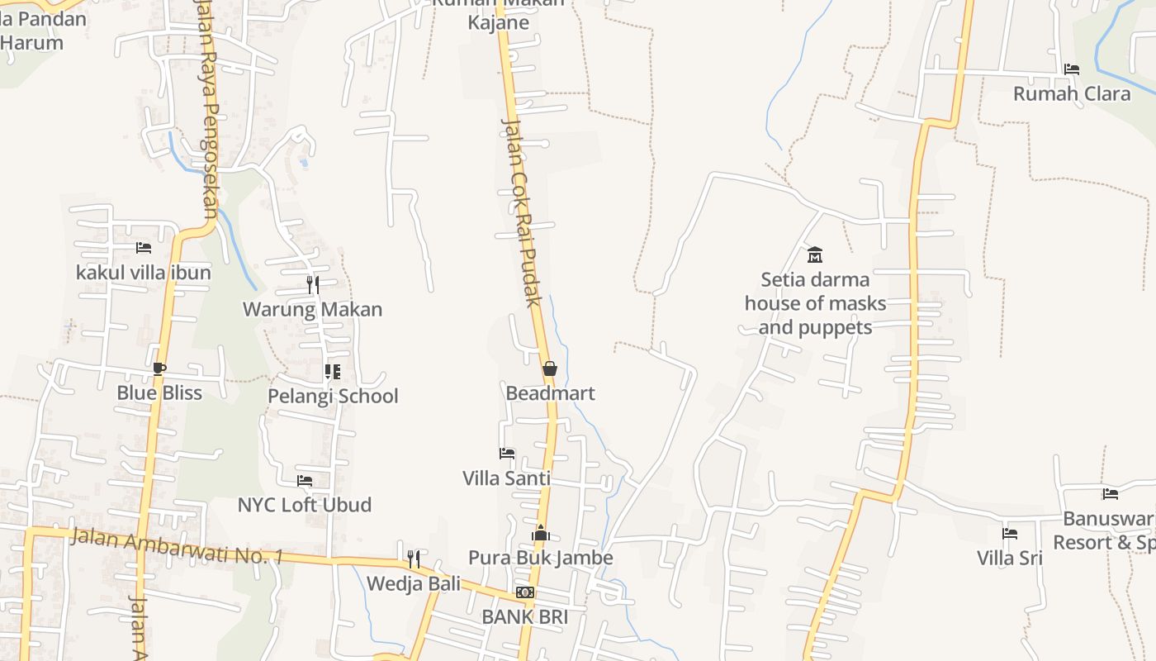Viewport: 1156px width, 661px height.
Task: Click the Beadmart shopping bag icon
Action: click(550, 369)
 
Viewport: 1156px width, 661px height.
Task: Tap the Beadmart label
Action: click(550, 393)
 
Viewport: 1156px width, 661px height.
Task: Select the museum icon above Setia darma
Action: click(815, 254)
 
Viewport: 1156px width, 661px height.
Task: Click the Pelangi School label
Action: click(333, 397)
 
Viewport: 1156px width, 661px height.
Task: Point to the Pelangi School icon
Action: click(332, 372)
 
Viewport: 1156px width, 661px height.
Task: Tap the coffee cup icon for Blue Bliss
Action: click(159, 369)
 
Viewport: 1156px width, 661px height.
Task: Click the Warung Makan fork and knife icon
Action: click(313, 285)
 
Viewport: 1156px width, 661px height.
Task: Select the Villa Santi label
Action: click(506, 478)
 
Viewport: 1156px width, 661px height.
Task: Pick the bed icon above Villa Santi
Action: click(507, 454)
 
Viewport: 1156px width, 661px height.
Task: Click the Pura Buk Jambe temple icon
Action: click(541, 533)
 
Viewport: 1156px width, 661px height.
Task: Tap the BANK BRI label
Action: click(525, 617)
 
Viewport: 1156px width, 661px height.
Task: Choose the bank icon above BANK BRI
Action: click(525, 592)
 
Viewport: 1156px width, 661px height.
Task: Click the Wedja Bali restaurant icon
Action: click(414, 559)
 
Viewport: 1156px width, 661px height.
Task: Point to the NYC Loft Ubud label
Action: click(305, 505)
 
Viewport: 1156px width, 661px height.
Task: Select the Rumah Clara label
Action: click(1072, 94)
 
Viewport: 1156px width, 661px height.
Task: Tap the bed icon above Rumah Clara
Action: click(1072, 69)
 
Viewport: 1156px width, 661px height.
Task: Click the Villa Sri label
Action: click(1010, 559)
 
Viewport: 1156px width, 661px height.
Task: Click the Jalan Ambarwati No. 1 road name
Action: click(177, 547)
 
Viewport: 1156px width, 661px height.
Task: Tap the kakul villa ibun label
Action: click(144, 273)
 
